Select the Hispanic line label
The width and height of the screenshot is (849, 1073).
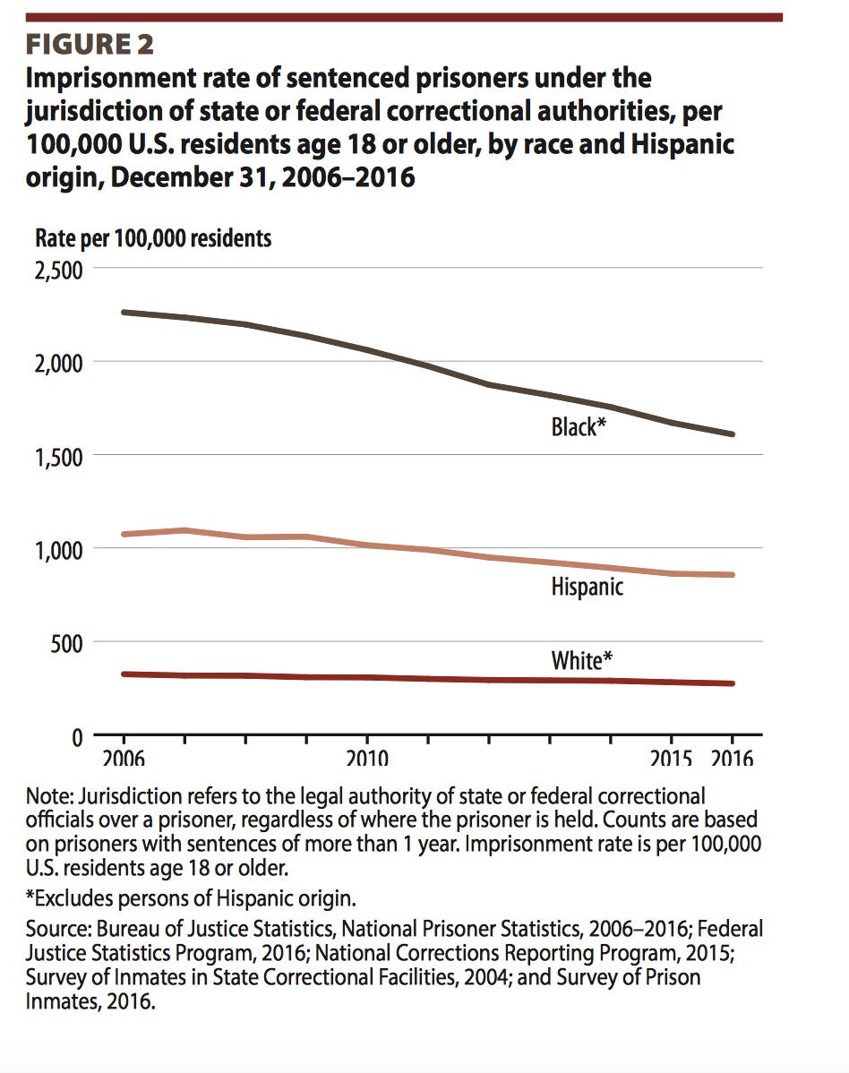pos(587,588)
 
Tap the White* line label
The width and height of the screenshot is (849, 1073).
pos(581,661)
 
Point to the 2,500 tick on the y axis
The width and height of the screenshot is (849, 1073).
pos(58,269)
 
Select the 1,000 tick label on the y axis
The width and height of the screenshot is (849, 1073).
pos(58,549)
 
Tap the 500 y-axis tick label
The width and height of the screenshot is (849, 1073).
pos(65,642)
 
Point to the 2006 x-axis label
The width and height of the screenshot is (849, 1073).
pos(122,759)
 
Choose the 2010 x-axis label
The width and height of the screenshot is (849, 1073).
pos(366,759)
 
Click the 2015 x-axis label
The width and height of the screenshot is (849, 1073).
pos(672,759)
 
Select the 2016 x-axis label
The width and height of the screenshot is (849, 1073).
pos(733,759)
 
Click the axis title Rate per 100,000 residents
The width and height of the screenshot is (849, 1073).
pos(153,238)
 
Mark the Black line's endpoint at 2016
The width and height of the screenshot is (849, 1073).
pos(733,434)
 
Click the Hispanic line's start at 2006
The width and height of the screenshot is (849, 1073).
pos(123,534)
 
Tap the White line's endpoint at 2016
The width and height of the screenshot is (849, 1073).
pos(733,683)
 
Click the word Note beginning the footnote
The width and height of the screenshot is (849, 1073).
pos(51,796)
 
